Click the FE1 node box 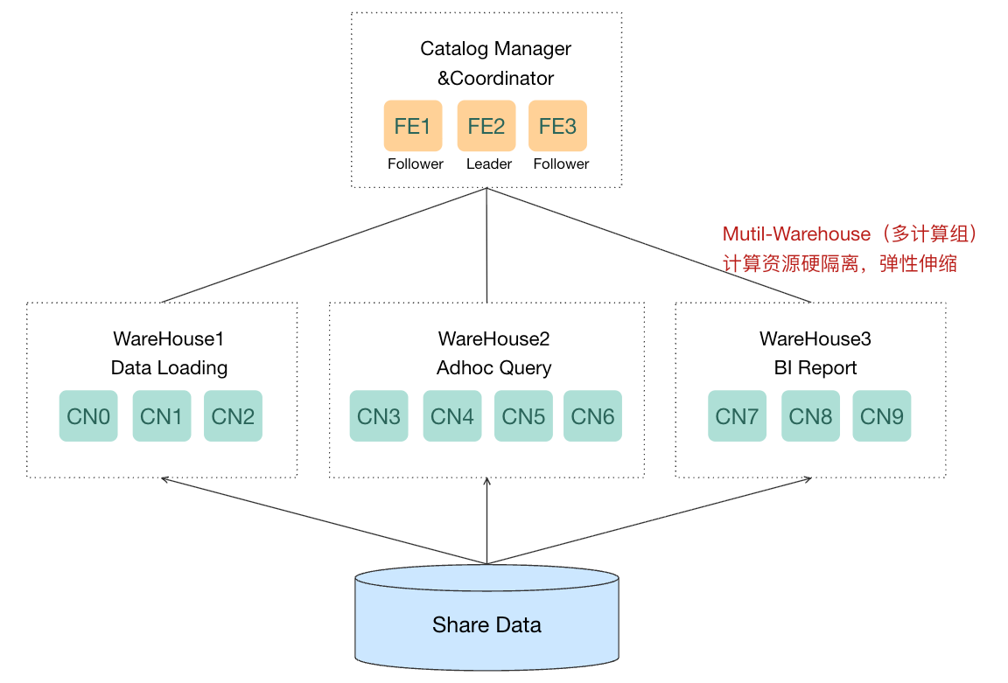pyautogui.click(x=413, y=125)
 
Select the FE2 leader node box pyautogui.click(x=486, y=125)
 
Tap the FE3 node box pyautogui.click(x=557, y=125)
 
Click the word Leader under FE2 pyautogui.click(x=488, y=164)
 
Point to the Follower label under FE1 pyautogui.click(x=416, y=164)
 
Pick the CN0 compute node pyautogui.click(x=88, y=415)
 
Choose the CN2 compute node pyautogui.click(x=233, y=415)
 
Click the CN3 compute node pyautogui.click(x=379, y=415)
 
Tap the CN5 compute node pyautogui.click(x=523, y=415)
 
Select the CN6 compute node pyautogui.click(x=592, y=415)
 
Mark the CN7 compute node pyautogui.click(x=737, y=415)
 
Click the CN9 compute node pyautogui.click(x=881, y=415)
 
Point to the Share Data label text pyautogui.click(x=486, y=624)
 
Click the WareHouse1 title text pyautogui.click(x=168, y=338)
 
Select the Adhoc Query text pyautogui.click(x=493, y=367)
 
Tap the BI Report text pyautogui.click(x=815, y=367)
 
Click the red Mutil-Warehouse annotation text pyautogui.click(x=796, y=233)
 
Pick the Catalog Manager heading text pyautogui.click(x=495, y=48)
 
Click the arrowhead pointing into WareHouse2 pyautogui.click(x=486, y=481)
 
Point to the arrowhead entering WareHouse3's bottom pyautogui.click(x=808, y=479)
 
